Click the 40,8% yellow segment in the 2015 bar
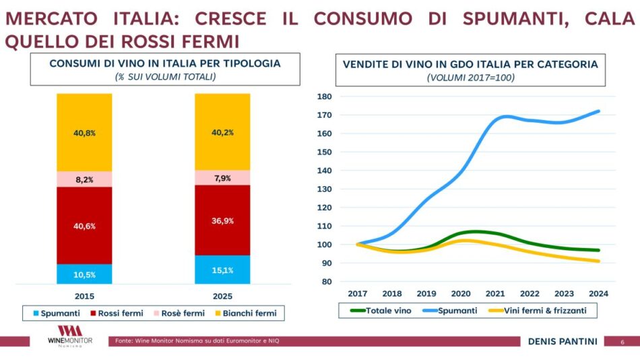[x=84, y=133]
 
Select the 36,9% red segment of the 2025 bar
[x=222, y=220]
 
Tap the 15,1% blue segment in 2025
[x=222, y=270]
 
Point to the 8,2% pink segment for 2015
[x=84, y=179]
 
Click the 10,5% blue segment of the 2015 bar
[x=84, y=274]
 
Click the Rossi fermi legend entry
[x=118, y=313]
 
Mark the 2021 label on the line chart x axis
[x=495, y=293]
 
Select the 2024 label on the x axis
[x=598, y=293]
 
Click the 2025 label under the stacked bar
[x=222, y=296]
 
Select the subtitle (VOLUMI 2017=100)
[x=470, y=78]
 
